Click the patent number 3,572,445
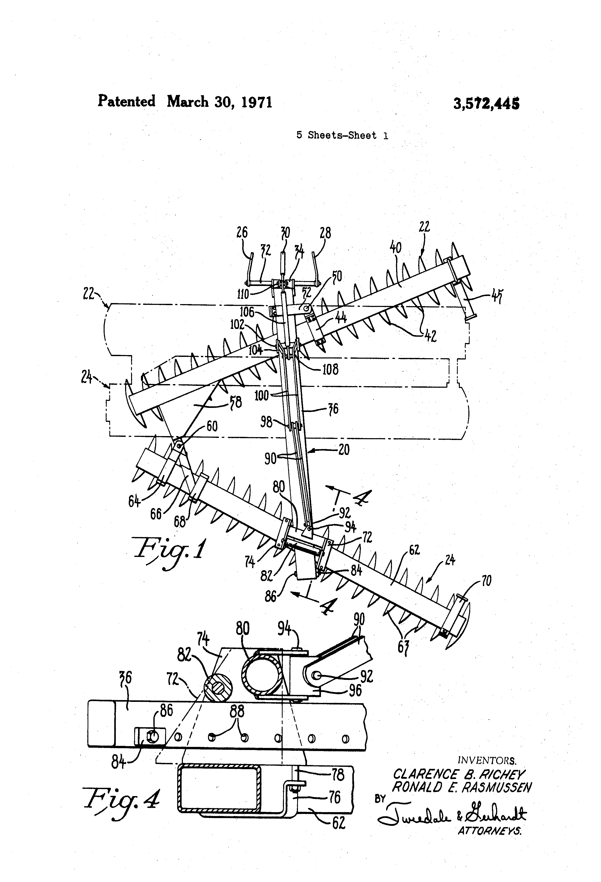pyautogui.click(x=486, y=103)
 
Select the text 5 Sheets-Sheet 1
pyautogui.click(x=342, y=136)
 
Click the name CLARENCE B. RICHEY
pyautogui.click(x=458, y=774)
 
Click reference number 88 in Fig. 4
pyautogui.click(x=237, y=711)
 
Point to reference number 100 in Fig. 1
pyautogui.click(x=261, y=395)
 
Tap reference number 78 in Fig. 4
pyautogui.click(x=337, y=774)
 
